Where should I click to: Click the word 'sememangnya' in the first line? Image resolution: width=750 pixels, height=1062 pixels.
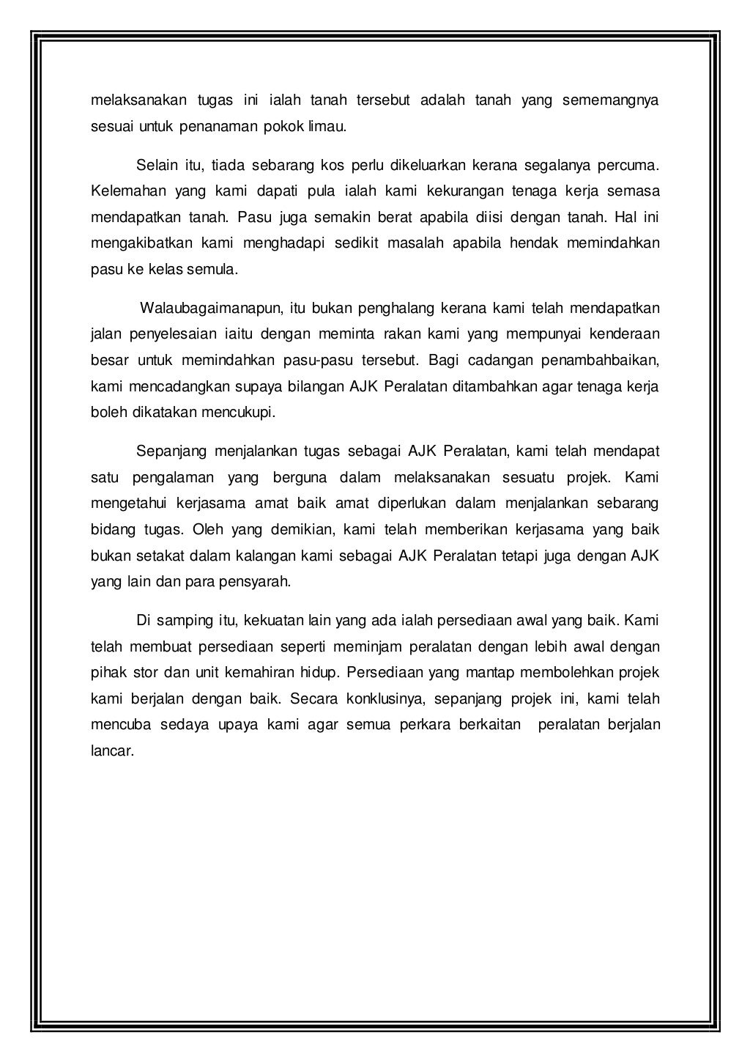[611, 100]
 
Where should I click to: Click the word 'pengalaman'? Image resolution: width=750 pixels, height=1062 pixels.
[174, 479]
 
